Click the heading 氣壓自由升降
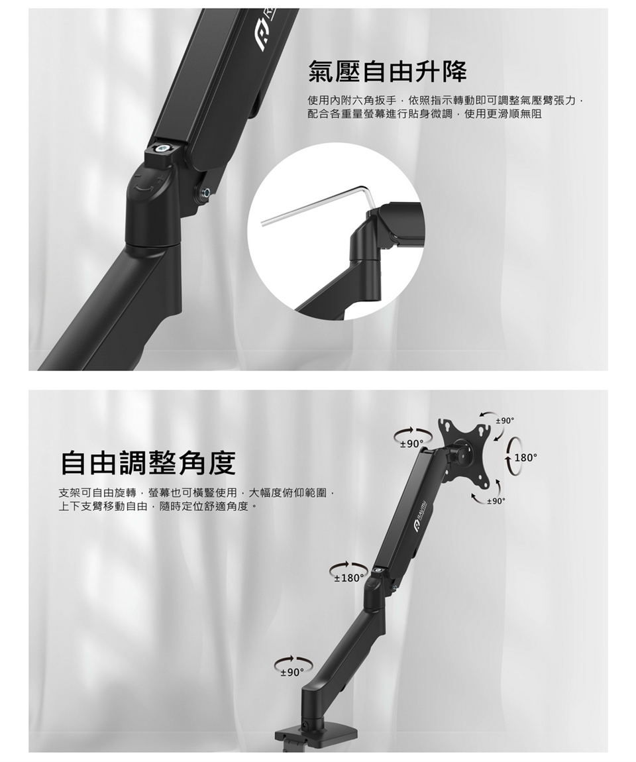388,71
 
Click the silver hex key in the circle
318,205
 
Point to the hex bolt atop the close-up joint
163,148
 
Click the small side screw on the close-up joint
206,193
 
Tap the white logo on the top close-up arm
266,34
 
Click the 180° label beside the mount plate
526,458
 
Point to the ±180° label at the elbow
348,578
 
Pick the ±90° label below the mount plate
496,500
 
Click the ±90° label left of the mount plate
411,443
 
